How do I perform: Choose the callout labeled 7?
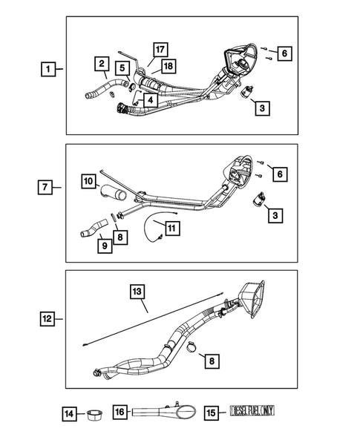click(x=46, y=187)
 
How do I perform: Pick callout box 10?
click(x=88, y=180)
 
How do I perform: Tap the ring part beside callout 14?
click(x=94, y=413)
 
